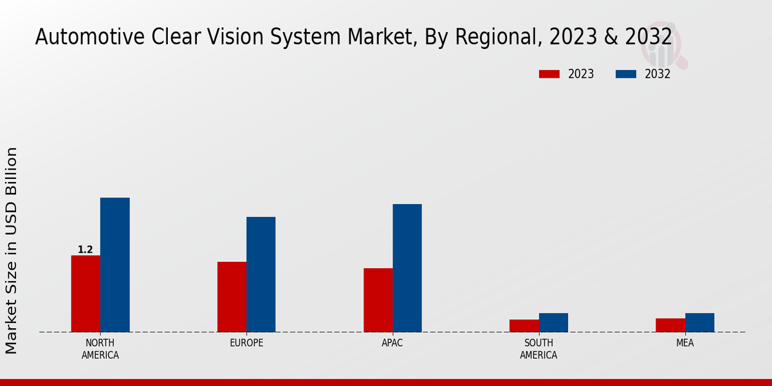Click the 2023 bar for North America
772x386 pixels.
(x=86, y=293)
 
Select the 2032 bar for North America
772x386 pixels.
(x=115, y=264)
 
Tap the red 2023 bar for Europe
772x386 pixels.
(x=232, y=297)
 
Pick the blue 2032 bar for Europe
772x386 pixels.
(x=261, y=274)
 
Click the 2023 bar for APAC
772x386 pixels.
(x=378, y=300)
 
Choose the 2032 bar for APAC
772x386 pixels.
(x=407, y=268)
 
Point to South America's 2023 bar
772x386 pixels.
(x=524, y=326)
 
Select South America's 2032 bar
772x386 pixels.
(x=553, y=322)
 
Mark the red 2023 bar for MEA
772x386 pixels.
(x=670, y=325)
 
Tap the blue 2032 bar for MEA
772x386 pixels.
(x=699, y=322)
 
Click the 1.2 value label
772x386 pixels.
(x=85, y=250)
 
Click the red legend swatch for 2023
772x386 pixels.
(x=549, y=74)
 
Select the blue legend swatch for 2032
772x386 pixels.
(x=625, y=74)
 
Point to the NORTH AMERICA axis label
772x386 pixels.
(x=100, y=349)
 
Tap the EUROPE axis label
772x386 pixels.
(x=246, y=343)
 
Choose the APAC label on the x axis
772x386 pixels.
(x=392, y=343)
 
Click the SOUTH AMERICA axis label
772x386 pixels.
(x=538, y=349)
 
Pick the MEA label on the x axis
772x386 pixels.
(x=685, y=343)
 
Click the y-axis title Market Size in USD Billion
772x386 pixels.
(x=12, y=250)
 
